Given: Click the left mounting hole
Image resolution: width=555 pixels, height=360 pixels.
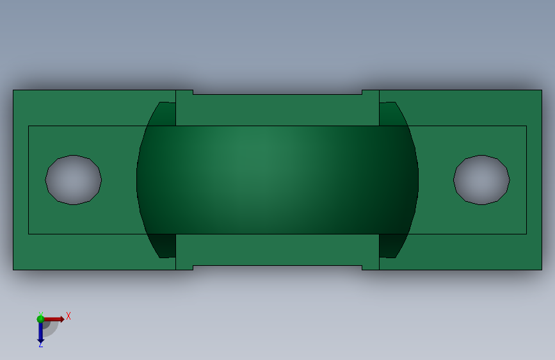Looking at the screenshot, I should click(x=73, y=180).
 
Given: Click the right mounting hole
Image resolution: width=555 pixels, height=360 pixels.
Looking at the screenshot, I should click(x=481, y=180).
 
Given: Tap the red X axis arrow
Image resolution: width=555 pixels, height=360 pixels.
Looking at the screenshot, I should click(x=58, y=318).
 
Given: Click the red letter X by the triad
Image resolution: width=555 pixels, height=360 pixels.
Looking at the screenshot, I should click(x=68, y=316).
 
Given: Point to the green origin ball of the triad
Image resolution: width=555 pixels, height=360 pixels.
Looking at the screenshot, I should click(x=41, y=318).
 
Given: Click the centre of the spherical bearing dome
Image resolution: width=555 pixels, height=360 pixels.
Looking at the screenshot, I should click(x=277, y=179).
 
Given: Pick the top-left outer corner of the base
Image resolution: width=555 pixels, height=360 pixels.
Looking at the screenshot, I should click(x=13, y=90).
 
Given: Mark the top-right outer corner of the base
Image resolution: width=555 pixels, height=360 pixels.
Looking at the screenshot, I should click(x=541, y=90).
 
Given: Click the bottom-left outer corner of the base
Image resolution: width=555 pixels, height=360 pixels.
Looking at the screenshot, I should click(x=13, y=269).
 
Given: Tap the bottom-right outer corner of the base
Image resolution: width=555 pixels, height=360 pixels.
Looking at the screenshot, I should click(x=541, y=269).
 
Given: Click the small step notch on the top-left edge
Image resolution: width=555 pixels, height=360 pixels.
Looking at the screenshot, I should click(x=193, y=92).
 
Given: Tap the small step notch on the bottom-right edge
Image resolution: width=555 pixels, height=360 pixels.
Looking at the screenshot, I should click(x=362, y=267).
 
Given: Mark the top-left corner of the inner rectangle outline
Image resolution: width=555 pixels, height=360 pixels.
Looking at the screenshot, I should click(x=29, y=126).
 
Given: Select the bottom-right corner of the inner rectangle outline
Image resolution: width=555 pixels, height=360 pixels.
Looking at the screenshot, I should click(x=526, y=233).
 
